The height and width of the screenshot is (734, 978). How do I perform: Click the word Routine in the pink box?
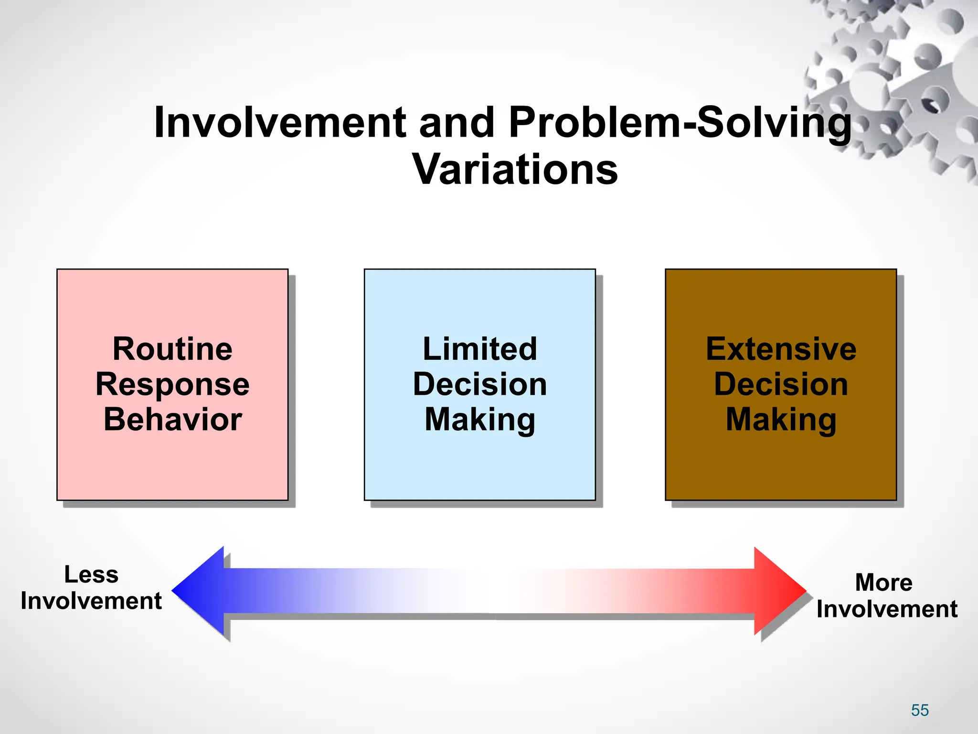(172, 349)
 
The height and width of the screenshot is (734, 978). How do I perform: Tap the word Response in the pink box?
(172, 384)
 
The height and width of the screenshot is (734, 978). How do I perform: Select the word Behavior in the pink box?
(172, 420)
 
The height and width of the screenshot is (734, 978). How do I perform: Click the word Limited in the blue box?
(479, 349)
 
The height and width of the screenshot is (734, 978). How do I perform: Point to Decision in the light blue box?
(479, 384)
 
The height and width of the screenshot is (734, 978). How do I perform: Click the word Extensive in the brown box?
(781, 349)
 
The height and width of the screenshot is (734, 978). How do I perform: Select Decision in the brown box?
(781, 384)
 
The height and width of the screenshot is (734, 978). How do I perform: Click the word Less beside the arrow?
(91, 574)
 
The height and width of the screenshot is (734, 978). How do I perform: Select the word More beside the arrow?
(883, 583)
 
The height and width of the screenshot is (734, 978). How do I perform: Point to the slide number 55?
(920, 710)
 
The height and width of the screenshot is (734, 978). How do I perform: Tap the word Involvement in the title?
(280, 123)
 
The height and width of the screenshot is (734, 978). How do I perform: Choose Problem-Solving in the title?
(680, 123)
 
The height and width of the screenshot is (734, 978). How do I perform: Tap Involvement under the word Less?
(91, 601)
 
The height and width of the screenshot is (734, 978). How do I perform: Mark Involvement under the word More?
(887, 609)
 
